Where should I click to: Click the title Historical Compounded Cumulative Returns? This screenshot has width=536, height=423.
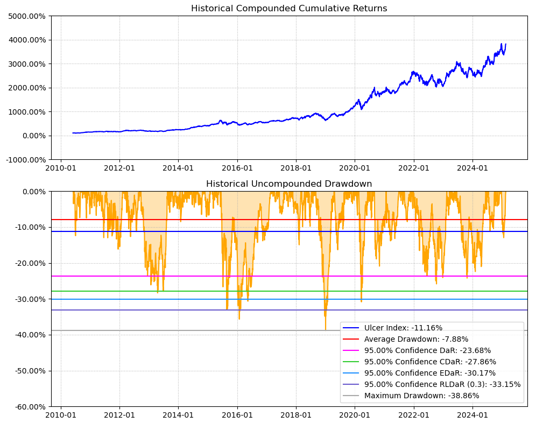point(289,9)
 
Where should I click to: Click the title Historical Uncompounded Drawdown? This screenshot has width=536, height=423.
point(289,184)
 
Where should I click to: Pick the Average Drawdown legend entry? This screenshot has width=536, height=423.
point(416,339)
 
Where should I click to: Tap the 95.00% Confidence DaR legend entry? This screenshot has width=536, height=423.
point(427,350)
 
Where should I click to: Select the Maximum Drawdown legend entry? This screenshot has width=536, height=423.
point(421,396)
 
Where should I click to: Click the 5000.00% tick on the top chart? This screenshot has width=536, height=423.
point(27,16)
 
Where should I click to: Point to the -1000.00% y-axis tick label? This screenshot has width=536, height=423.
point(25,159)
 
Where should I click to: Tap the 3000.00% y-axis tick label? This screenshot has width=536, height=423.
point(27,64)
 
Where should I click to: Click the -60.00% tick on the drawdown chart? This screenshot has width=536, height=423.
point(29,406)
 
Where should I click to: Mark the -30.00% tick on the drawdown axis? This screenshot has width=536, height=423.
point(29,299)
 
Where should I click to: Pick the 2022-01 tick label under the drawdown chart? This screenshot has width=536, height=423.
point(414,415)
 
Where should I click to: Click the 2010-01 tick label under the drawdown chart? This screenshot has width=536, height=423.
point(61,415)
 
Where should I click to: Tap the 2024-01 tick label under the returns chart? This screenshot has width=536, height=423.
point(472,167)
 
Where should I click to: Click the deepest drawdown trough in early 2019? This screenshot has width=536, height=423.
point(325,329)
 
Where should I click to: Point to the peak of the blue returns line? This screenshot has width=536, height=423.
point(501,44)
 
